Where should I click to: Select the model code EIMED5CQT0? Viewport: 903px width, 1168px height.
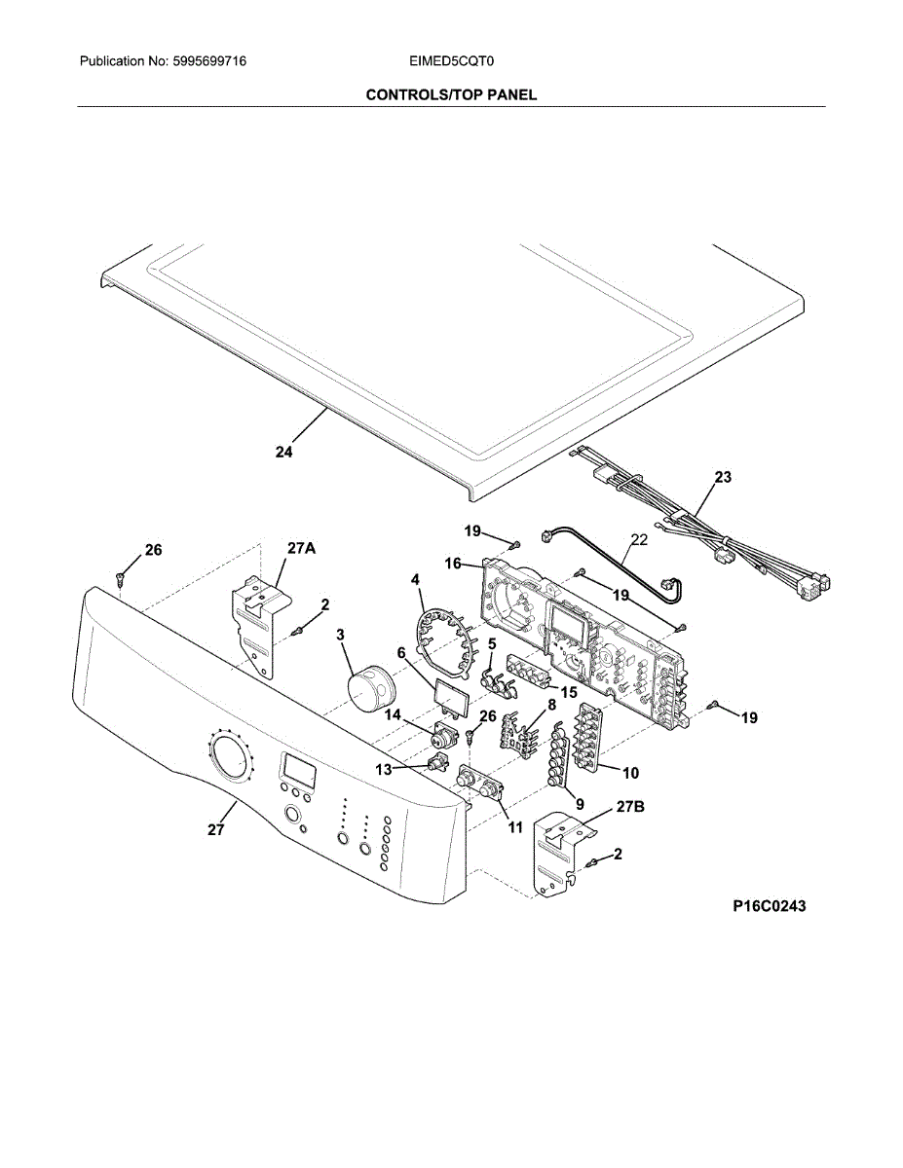click(x=452, y=61)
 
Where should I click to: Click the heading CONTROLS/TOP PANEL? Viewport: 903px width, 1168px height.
click(x=451, y=94)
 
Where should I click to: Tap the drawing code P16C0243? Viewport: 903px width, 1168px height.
click(x=769, y=906)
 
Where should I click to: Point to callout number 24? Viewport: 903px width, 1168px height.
click(x=283, y=452)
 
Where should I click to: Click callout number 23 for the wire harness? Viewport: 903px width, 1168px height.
click(x=723, y=477)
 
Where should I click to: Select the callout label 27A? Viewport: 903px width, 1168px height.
click(x=301, y=549)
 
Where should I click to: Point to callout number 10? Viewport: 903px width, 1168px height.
click(x=630, y=773)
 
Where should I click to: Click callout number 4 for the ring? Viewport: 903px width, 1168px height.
click(x=416, y=579)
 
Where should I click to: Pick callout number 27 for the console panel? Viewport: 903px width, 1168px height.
click(x=215, y=830)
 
